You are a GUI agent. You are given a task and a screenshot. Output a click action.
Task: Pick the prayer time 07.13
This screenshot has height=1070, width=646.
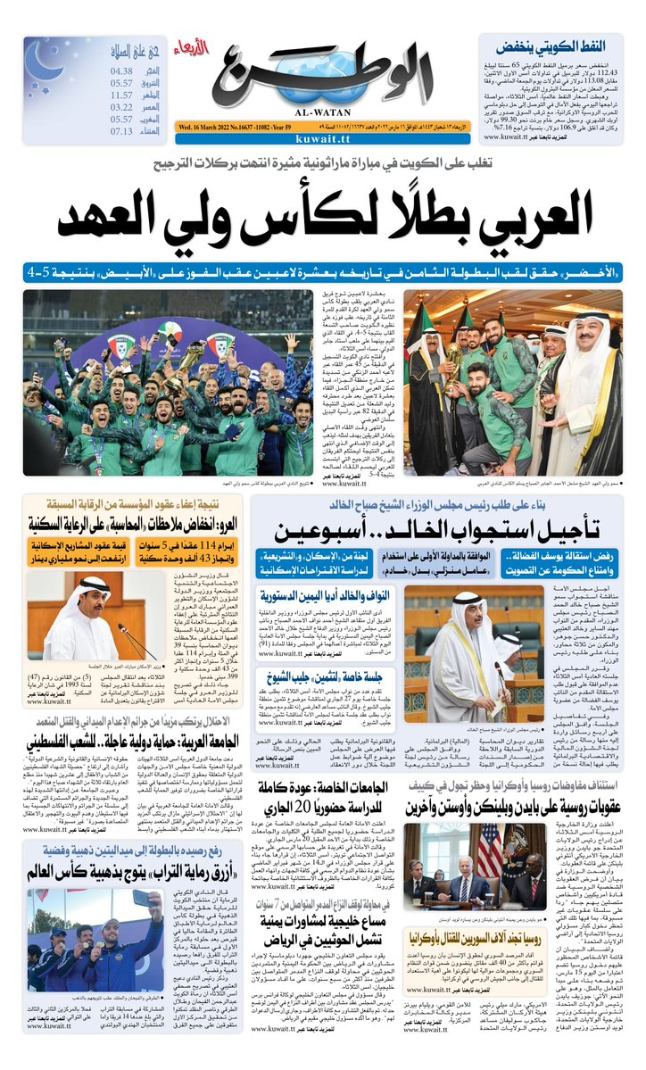tap(122, 130)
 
